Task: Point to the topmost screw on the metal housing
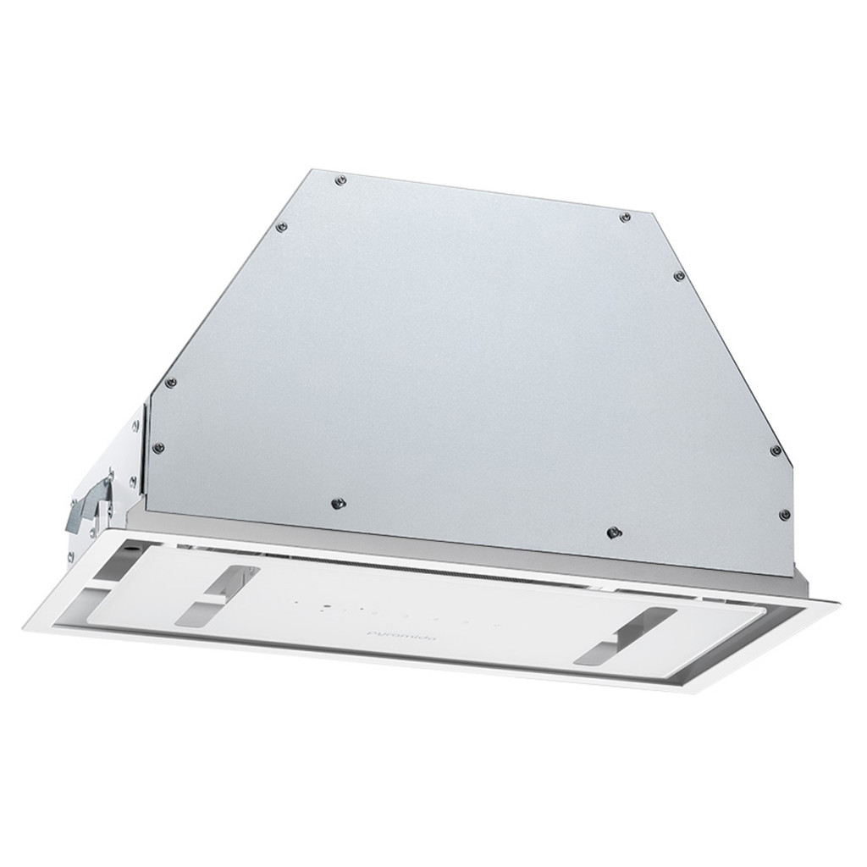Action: pyautogui.click(x=340, y=179)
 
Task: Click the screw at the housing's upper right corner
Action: pyautogui.click(x=625, y=218)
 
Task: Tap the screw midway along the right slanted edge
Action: pyautogui.click(x=678, y=276)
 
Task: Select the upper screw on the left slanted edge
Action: pyautogui.click(x=282, y=227)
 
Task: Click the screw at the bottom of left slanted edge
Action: pyautogui.click(x=170, y=382)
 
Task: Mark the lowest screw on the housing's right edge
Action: pyautogui.click(x=784, y=514)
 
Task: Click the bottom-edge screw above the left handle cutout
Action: pyautogui.click(x=337, y=503)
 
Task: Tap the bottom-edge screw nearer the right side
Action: pyautogui.click(x=612, y=533)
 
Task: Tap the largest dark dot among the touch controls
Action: pyautogui.click(x=325, y=606)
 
